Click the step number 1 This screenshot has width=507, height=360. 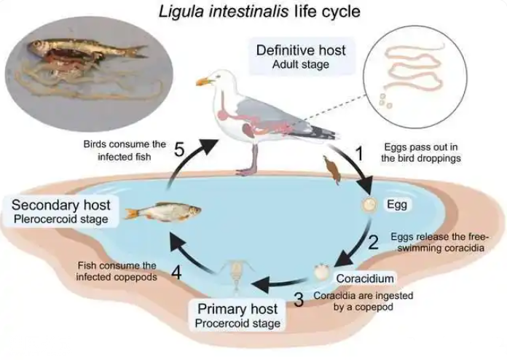(x=360, y=154)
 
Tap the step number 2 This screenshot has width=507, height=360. (x=373, y=242)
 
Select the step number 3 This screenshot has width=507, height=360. (x=299, y=300)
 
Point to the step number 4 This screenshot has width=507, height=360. (x=176, y=273)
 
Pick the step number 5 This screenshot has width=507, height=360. (x=179, y=149)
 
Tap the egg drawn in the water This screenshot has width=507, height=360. (x=369, y=205)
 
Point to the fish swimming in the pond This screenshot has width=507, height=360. (x=163, y=212)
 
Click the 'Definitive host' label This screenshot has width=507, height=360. (x=301, y=50)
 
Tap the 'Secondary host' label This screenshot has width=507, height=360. (x=60, y=205)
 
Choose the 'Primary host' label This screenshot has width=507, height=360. (x=237, y=309)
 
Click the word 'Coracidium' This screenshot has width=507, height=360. (x=365, y=278)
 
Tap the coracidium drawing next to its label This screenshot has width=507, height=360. (x=322, y=272)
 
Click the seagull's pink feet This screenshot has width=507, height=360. (x=247, y=171)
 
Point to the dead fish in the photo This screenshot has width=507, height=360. (x=87, y=49)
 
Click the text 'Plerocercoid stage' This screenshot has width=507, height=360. (x=60, y=219)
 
